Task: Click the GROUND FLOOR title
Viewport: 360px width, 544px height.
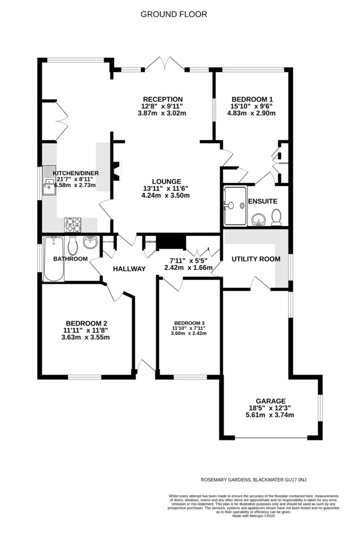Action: (174, 14)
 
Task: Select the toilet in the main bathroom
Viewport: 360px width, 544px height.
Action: (73, 245)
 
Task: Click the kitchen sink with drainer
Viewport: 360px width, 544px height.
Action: (50, 182)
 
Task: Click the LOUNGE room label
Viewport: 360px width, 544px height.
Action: (165, 181)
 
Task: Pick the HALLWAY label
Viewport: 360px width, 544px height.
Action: (129, 269)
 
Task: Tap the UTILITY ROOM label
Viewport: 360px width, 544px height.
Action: (255, 259)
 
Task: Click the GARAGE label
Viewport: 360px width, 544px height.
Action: (270, 401)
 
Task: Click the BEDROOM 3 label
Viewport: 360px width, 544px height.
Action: (189, 323)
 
